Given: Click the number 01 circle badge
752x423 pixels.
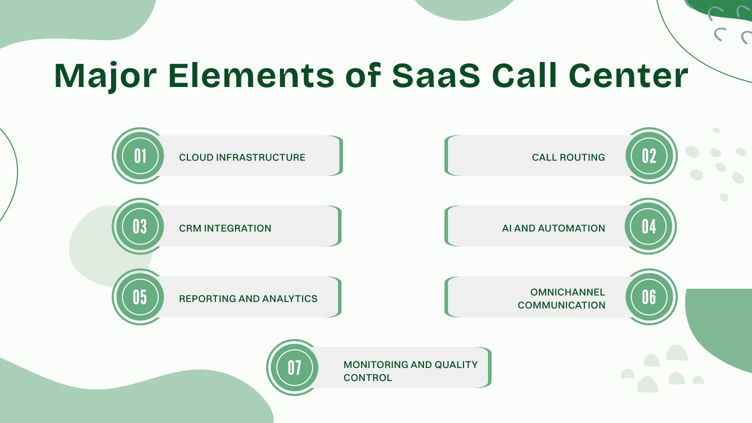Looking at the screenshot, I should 140,156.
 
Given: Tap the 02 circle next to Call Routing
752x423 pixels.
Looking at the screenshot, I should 649,156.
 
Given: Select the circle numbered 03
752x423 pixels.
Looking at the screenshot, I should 140,226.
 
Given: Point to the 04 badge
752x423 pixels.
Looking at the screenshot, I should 649,226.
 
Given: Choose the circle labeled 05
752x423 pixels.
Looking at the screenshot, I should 140,297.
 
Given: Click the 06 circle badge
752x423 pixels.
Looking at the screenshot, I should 649,297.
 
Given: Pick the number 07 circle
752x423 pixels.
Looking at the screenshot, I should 294,367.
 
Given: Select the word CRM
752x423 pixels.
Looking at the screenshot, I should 190,228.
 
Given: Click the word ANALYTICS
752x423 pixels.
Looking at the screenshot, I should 289,299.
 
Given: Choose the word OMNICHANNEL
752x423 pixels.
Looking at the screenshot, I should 567,292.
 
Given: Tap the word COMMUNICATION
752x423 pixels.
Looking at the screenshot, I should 561,305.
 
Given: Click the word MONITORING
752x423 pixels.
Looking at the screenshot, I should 375,365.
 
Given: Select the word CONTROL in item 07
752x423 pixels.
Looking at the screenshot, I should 367,378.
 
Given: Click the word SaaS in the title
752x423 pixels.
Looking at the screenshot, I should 435,76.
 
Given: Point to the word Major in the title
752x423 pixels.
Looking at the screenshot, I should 105,76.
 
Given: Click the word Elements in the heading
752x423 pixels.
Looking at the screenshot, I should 251,76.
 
